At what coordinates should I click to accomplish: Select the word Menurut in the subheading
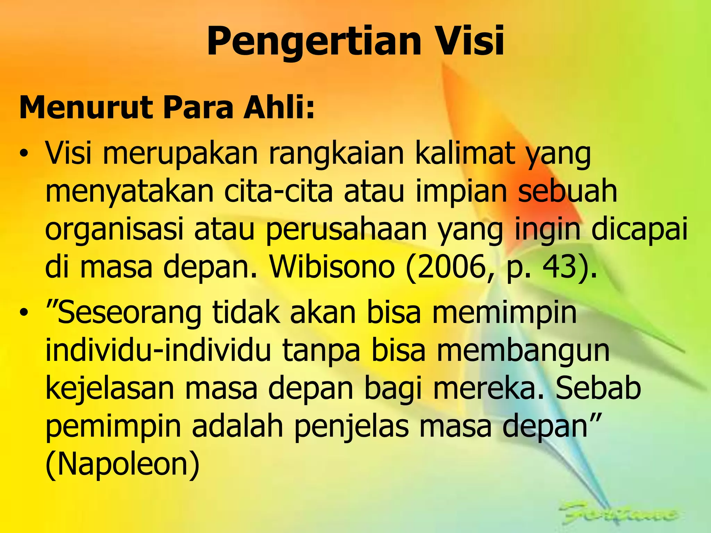(85, 108)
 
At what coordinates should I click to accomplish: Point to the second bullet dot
(23, 313)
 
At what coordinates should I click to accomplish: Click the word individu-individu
(158, 350)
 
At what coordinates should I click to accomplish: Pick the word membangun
(523, 350)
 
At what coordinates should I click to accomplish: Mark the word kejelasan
(110, 389)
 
